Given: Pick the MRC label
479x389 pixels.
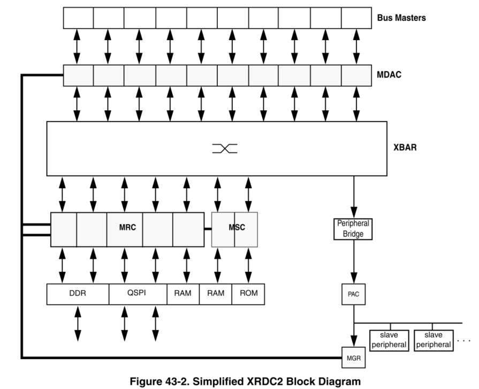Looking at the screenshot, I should tap(127, 227).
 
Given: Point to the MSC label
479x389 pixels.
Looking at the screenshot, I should tap(237, 227).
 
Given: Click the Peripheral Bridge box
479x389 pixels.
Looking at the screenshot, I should tap(353, 229).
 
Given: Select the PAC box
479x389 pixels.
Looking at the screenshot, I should tap(353, 293).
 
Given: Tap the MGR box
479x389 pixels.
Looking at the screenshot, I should tap(353, 357).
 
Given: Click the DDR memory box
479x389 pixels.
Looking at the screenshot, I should tap(78, 294).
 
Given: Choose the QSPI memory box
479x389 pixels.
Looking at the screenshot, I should tap(138, 294).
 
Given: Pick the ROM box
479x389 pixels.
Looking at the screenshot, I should tap(248, 294).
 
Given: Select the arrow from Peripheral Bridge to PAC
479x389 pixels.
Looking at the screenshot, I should tap(353, 262).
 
